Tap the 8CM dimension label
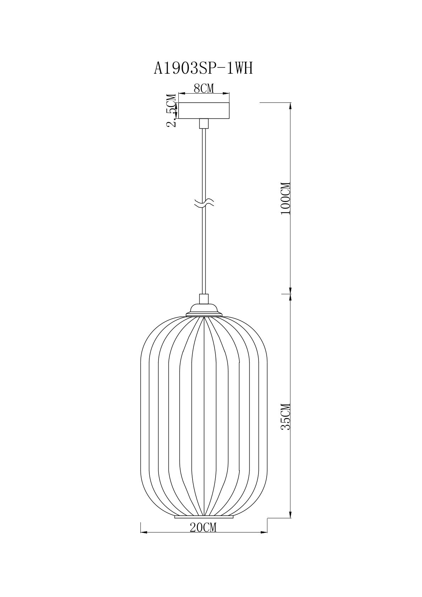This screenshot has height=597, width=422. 204,89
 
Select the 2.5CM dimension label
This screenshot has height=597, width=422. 172,111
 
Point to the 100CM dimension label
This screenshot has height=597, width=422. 285,198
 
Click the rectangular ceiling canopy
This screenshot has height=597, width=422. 204,111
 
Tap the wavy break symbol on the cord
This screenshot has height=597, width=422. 204,203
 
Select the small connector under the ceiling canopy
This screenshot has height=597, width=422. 204,124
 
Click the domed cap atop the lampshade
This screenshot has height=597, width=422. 204,311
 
